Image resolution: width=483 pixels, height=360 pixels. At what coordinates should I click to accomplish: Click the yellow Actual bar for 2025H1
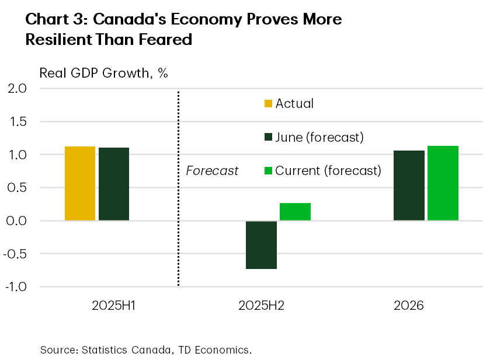tap(80, 183)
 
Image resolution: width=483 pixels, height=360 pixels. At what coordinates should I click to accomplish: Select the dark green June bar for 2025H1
tap(114, 184)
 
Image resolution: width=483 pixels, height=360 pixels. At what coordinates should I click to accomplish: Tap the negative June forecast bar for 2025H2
tap(261, 245)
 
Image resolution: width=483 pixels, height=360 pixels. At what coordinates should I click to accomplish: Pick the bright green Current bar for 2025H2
tap(295, 212)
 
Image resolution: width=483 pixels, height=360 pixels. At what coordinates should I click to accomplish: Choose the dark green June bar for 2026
tap(409, 186)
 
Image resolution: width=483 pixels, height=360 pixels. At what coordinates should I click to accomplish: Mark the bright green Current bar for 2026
tap(443, 183)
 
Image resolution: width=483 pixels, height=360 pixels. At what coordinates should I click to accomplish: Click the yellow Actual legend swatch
tap(268, 104)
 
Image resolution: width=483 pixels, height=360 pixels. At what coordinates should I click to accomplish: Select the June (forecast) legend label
tap(319, 138)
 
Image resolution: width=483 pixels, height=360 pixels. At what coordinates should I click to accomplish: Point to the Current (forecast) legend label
tap(328, 171)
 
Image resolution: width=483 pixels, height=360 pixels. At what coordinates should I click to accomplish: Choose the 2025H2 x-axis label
tap(261, 306)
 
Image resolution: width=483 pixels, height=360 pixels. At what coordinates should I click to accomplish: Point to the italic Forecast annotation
tap(212, 171)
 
